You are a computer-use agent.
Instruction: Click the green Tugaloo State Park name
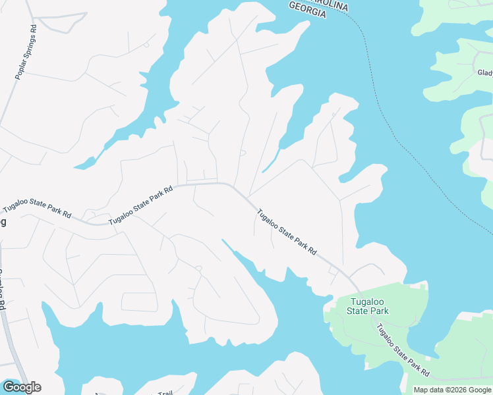tap(369, 306)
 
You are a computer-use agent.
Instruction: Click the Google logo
tap(21, 387)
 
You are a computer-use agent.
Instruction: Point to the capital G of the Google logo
tap(7, 387)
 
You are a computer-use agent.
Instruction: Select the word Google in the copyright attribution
tap(477, 390)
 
